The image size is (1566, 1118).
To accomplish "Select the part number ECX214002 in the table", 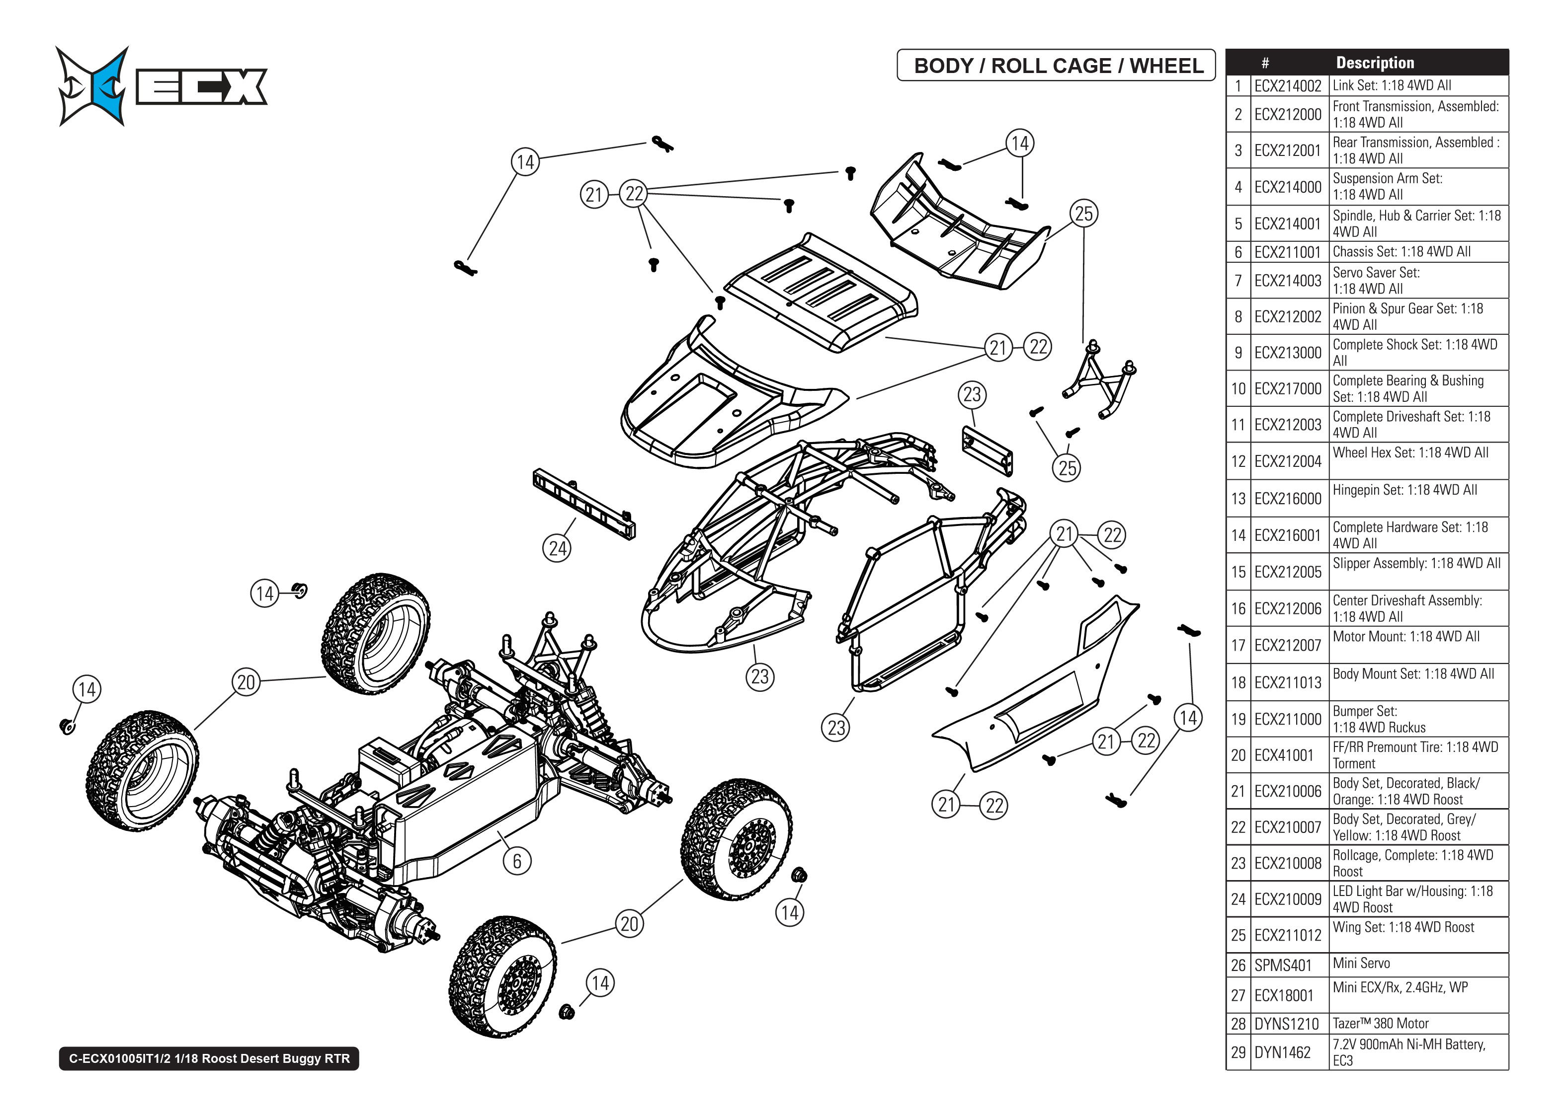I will click(x=1287, y=86).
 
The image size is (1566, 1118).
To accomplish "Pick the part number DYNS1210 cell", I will click(x=1286, y=1024).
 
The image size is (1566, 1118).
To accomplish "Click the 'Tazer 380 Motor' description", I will click(x=1380, y=1024).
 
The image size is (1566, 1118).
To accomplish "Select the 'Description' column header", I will click(x=1375, y=63).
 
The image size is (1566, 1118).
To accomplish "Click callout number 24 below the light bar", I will click(x=557, y=549).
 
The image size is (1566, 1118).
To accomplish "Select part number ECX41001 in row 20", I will click(x=1284, y=755).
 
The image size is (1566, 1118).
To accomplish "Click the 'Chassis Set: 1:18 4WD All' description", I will click(x=1401, y=252).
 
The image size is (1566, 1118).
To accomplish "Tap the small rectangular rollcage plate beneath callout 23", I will click(x=987, y=450).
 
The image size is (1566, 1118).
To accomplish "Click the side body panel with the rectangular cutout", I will click(x=1040, y=695).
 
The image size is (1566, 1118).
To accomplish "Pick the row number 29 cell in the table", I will click(x=1238, y=1052).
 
